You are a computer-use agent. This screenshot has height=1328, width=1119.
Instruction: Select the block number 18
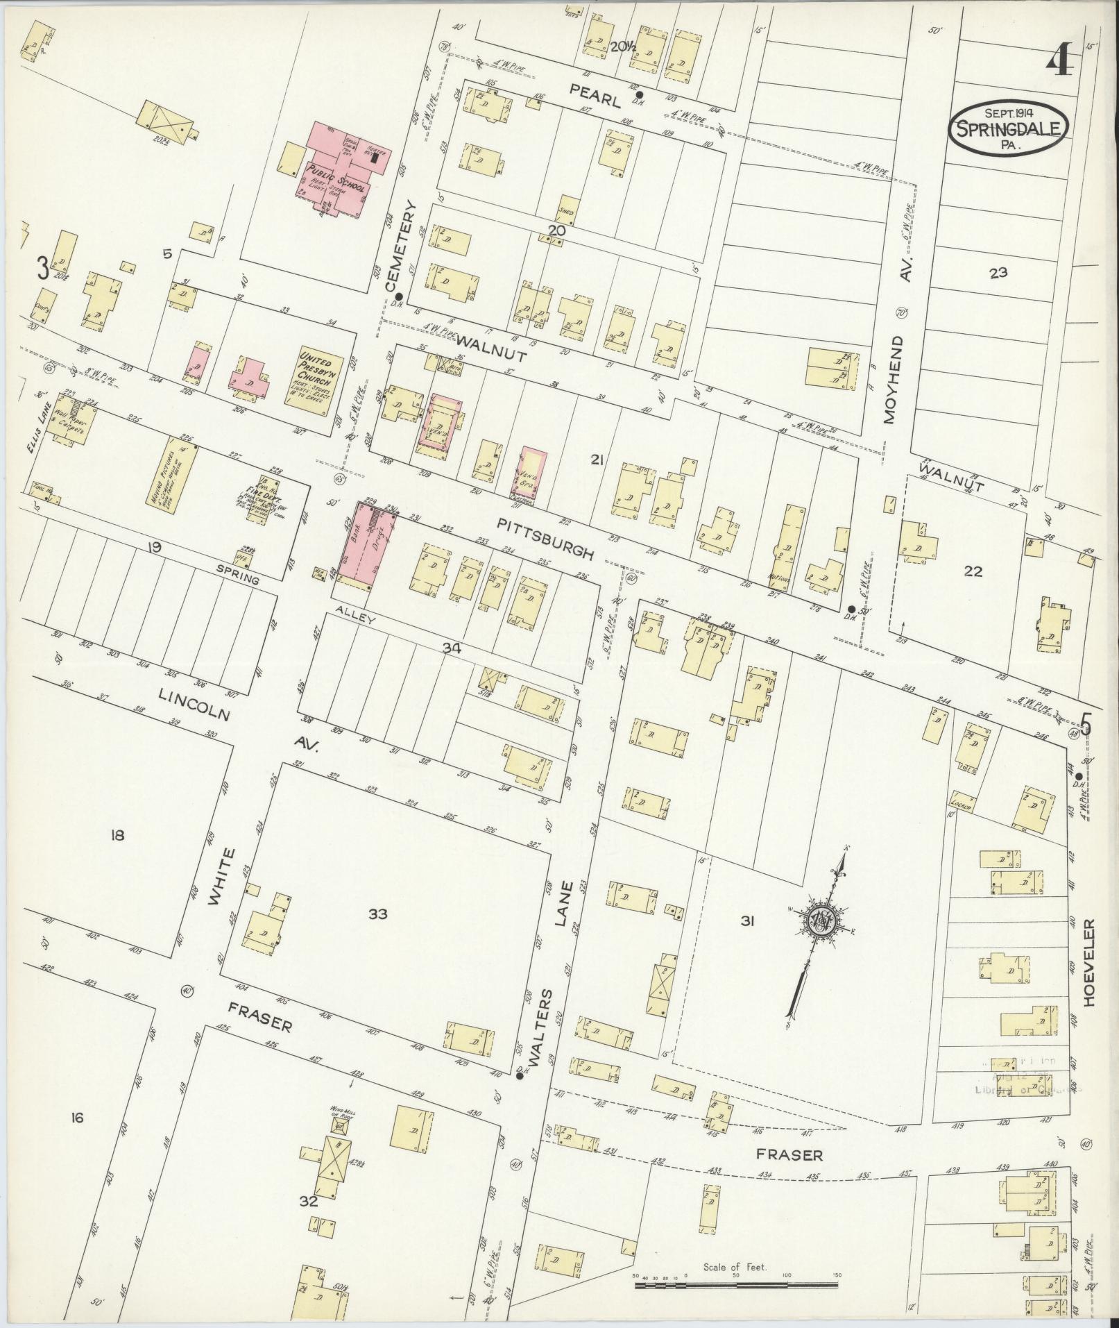(x=117, y=835)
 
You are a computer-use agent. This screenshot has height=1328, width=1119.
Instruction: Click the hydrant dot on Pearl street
(x=639, y=95)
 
